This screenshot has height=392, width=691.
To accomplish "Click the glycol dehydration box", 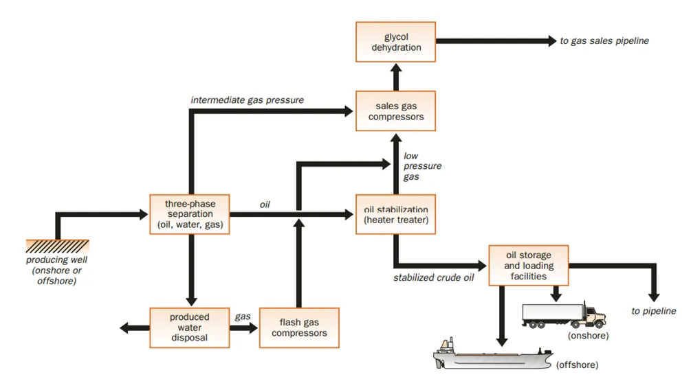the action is pos(396,42).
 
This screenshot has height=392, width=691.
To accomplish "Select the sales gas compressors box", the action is pos(396,111).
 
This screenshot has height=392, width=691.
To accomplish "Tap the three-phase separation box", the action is pos(190,214).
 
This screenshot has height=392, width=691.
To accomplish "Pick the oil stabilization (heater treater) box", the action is pos(396,214).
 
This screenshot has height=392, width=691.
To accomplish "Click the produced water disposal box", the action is pos(190,327).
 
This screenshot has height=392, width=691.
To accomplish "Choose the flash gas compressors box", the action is pos(299,327).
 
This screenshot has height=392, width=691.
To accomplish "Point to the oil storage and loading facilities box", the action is pos(529,265).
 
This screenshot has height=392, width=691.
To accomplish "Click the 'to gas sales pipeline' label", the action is pos(604,41).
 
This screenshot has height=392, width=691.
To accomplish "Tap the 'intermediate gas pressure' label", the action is pos(248,100).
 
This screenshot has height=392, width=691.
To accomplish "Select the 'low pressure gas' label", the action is pos(422,166).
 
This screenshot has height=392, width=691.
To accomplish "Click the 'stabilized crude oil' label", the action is pos(434,277).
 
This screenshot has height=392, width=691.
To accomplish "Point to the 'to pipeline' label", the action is pos(654,311).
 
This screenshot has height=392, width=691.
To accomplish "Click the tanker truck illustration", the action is pos(564,315).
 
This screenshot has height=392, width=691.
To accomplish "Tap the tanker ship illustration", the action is pos(493,354).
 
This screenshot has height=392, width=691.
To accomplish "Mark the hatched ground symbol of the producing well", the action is pos(57,246).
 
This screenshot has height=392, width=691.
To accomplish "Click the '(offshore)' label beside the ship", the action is pos(578,365).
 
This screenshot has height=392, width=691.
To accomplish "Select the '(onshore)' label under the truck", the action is pos(589,336).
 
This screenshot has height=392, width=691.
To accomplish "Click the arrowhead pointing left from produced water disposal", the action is pos(124,327).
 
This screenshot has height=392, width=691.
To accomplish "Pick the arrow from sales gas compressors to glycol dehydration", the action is pos(396,77).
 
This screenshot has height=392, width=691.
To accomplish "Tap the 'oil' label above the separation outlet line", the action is pos(265,205).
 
